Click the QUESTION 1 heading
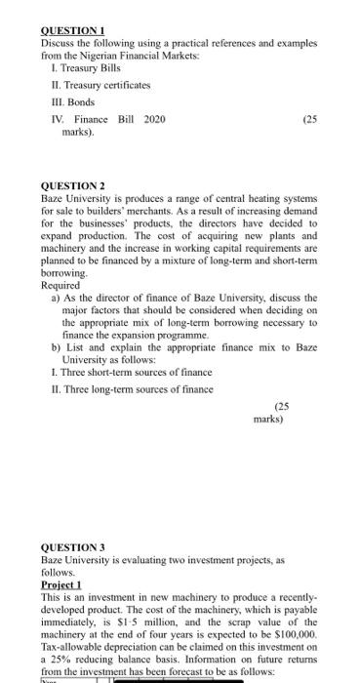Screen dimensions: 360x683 (72, 32)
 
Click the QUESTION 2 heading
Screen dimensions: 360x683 (73, 185)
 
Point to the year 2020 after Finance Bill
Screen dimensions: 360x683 (154, 119)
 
